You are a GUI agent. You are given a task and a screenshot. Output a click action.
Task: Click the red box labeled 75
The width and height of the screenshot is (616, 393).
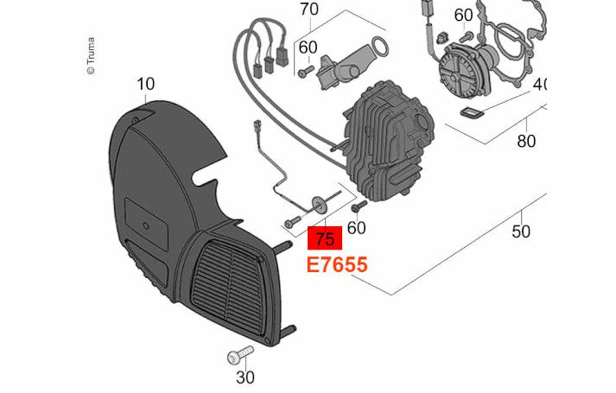coord(325,238)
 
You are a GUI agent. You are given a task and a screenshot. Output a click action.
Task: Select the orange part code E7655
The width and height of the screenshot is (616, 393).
coord(337,264)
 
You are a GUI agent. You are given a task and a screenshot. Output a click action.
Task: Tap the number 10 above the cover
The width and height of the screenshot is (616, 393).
coord(145,84)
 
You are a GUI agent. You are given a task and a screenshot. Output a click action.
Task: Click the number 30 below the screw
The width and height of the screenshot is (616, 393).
coord(245,377)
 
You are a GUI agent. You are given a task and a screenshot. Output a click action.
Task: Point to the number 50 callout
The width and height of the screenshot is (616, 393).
coord(521,231)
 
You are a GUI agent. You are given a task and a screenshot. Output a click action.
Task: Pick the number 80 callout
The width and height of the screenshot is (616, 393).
coord(526,141)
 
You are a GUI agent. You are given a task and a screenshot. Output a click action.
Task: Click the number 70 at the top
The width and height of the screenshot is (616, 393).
coord(309,10)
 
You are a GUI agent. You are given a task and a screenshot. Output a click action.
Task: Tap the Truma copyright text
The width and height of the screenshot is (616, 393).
coord(91,56)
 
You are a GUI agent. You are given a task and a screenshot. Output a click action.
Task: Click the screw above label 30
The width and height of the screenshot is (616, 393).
coord(240,354)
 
